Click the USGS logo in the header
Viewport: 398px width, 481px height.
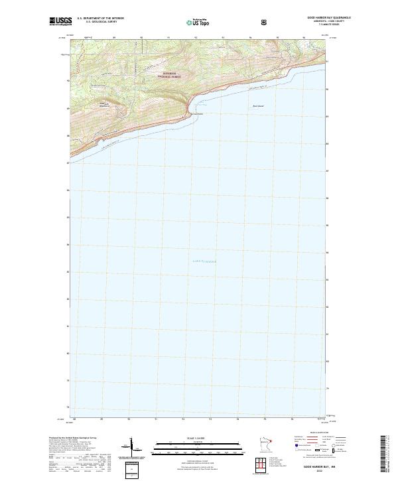[x=60, y=22]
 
